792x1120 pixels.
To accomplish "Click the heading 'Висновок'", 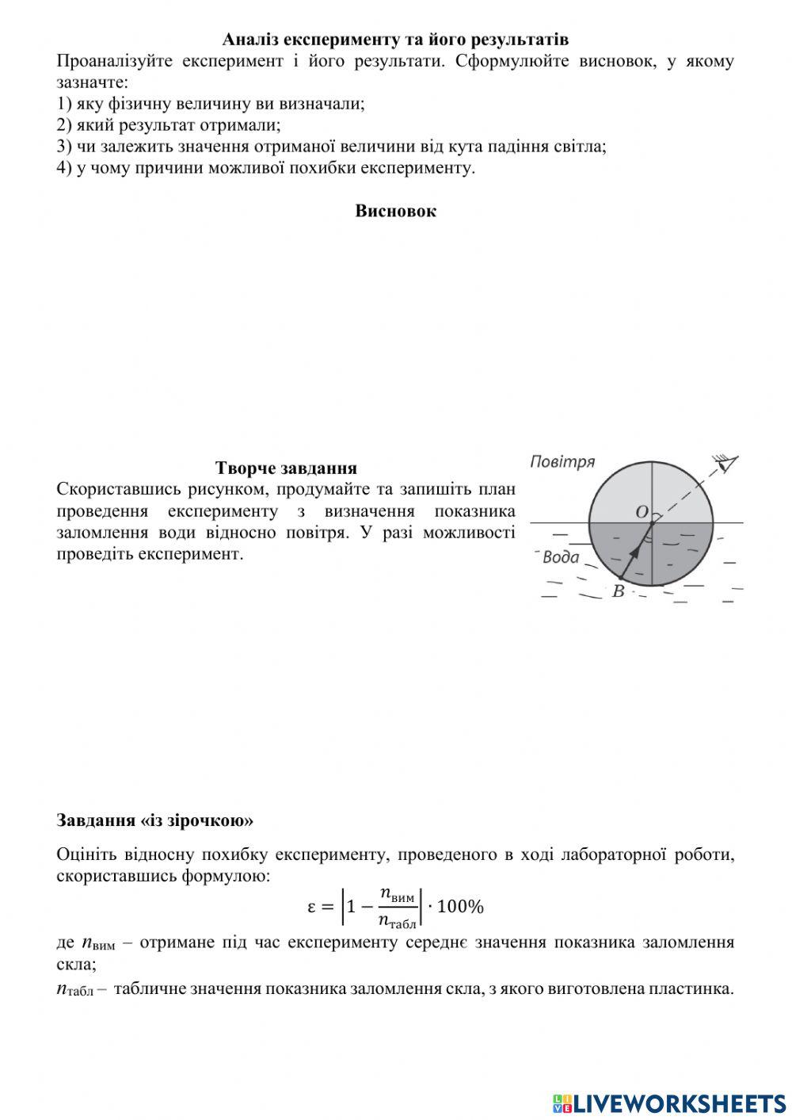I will coord(395,211).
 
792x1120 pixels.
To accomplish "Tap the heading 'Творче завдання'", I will coord(286,468).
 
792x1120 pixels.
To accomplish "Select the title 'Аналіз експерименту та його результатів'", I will coord(395,39).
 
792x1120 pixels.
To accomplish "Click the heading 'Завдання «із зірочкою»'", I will coord(155,820).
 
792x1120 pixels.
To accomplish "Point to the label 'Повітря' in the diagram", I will coord(562,462).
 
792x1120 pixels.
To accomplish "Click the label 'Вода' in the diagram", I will coord(561,557).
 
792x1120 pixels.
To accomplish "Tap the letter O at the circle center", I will coord(642,512).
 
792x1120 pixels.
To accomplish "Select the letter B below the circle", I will coord(618,591).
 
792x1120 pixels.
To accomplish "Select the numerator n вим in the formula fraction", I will coord(397,894).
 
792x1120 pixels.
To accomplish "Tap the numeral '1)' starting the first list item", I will coord(64,104).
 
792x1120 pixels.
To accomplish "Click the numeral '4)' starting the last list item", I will coord(64,168).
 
